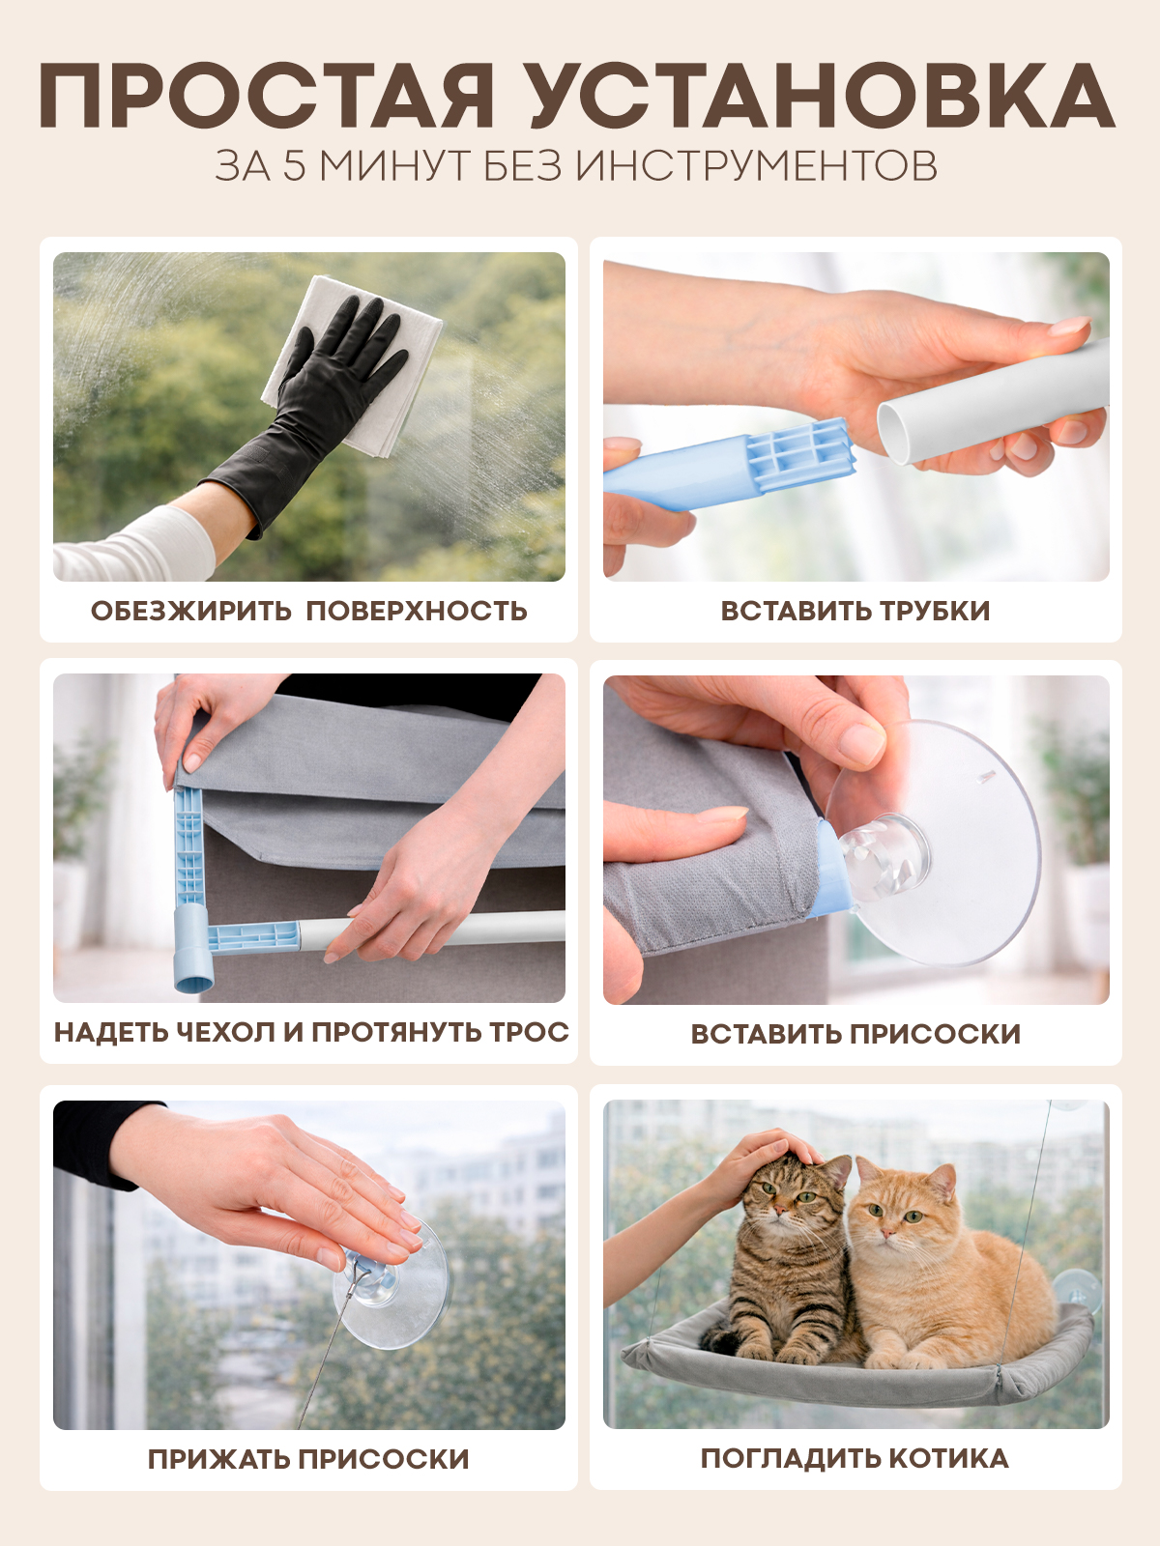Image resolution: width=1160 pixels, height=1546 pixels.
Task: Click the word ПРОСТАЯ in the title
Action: point(266,96)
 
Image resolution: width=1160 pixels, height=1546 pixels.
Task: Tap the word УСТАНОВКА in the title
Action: point(822,96)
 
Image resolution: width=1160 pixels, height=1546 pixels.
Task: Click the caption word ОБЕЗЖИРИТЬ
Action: point(190,611)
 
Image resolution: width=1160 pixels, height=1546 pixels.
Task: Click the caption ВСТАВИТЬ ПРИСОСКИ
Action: point(855,1034)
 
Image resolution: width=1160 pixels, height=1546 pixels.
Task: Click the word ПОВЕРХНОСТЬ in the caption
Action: point(417,611)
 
